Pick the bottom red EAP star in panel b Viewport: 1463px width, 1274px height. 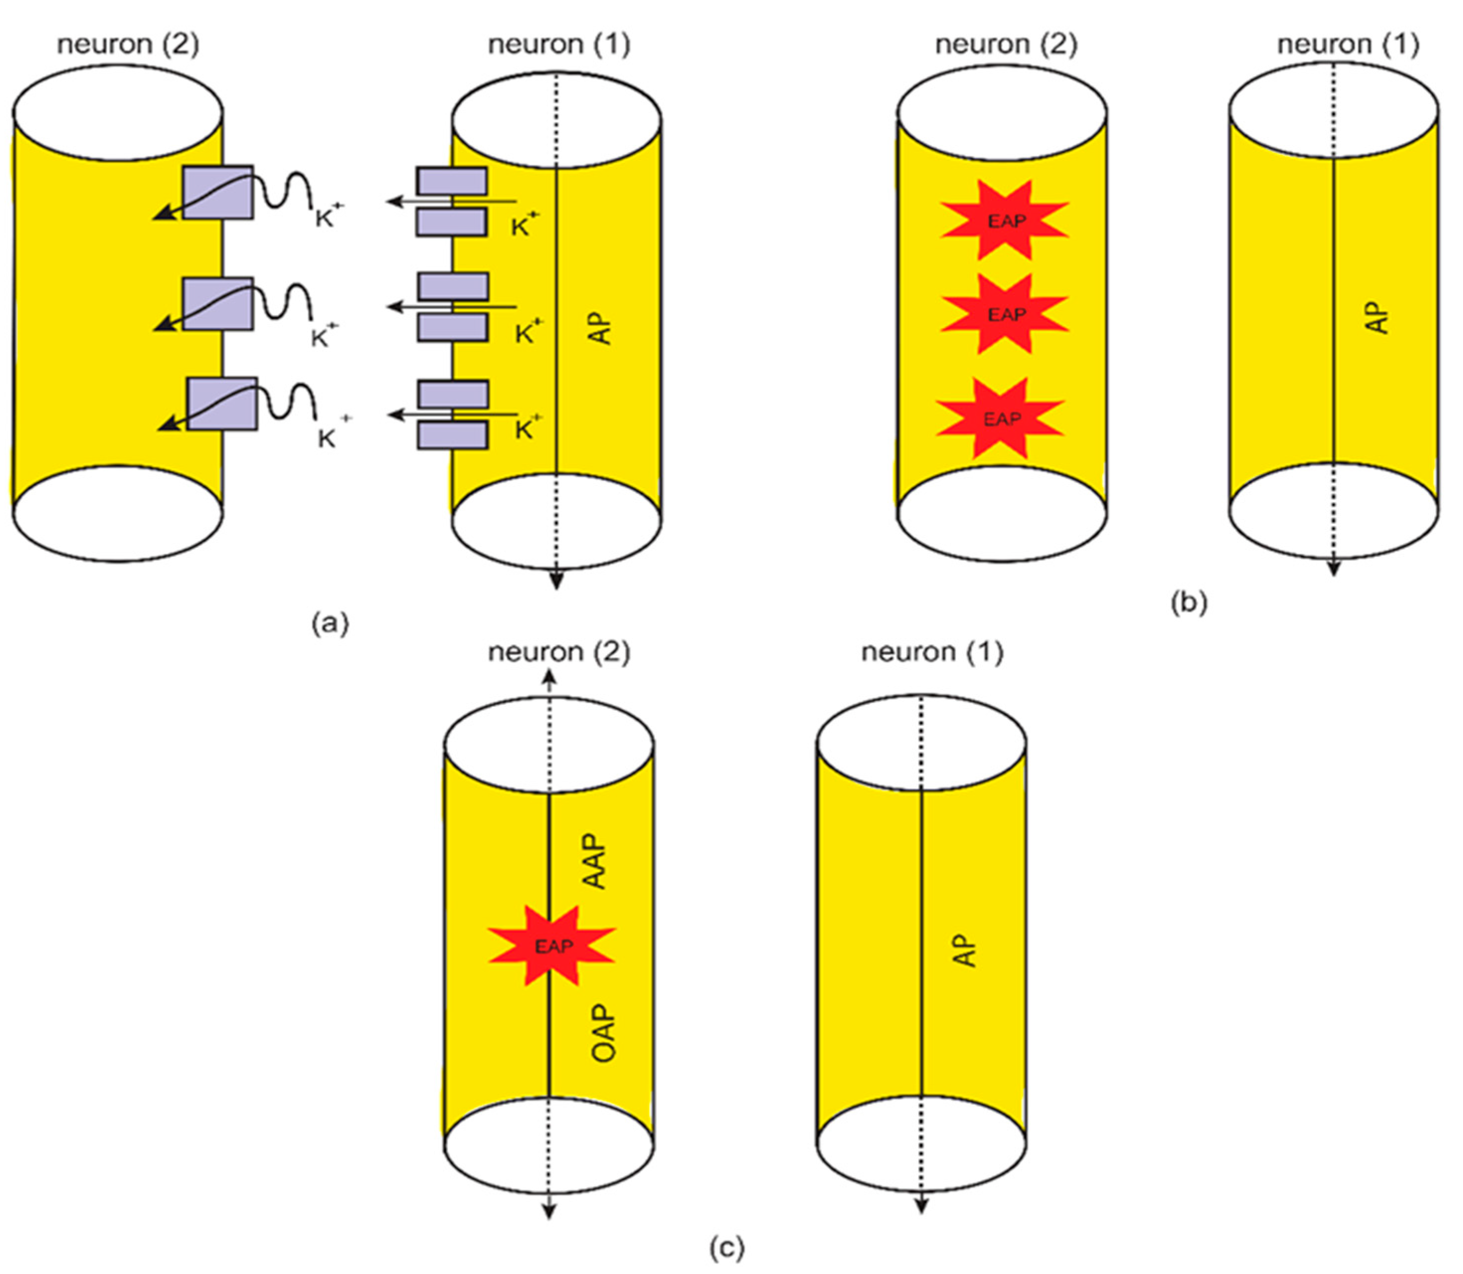tap(1001, 419)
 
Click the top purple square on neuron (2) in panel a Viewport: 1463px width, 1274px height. tap(218, 193)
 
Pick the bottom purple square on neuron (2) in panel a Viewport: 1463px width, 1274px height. tap(222, 404)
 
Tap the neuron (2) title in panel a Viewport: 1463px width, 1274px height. tap(128, 44)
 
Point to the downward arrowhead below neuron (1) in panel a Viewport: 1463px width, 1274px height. tap(557, 581)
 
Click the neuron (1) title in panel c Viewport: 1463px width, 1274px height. tap(932, 652)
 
